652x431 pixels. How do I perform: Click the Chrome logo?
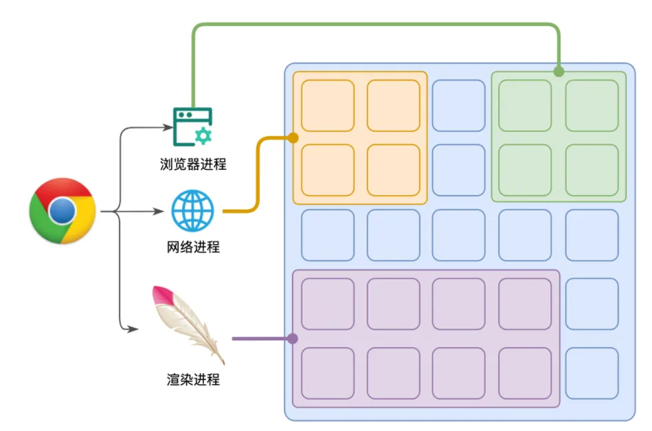click(x=62, y=211)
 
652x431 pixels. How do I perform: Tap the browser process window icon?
click(x=192, y=126)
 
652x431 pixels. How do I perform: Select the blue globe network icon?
click(x=193, y=211)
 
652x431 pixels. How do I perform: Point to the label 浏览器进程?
click(x=192, y=164)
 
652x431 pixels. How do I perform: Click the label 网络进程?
click(x=193, y=247)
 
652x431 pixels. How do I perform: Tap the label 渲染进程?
click(x=193, y=379)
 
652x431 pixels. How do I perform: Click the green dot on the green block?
click(x=559, y=71)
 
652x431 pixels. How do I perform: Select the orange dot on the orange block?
click(x=293, y=137)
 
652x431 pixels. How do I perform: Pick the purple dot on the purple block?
click(x=293, y=338)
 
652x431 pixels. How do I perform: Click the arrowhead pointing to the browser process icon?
click(x=170, y=127)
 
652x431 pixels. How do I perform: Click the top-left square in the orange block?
click(x=328, y=105)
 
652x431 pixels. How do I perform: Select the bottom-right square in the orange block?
click(x=393, y=170)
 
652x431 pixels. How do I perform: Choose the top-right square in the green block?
click(x=592, y=105)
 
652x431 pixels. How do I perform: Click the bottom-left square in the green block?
click(x=525, y=170)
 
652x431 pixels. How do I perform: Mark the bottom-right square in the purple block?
click(x=525, y=373)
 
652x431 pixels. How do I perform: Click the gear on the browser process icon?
click(x=203, y=135)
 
